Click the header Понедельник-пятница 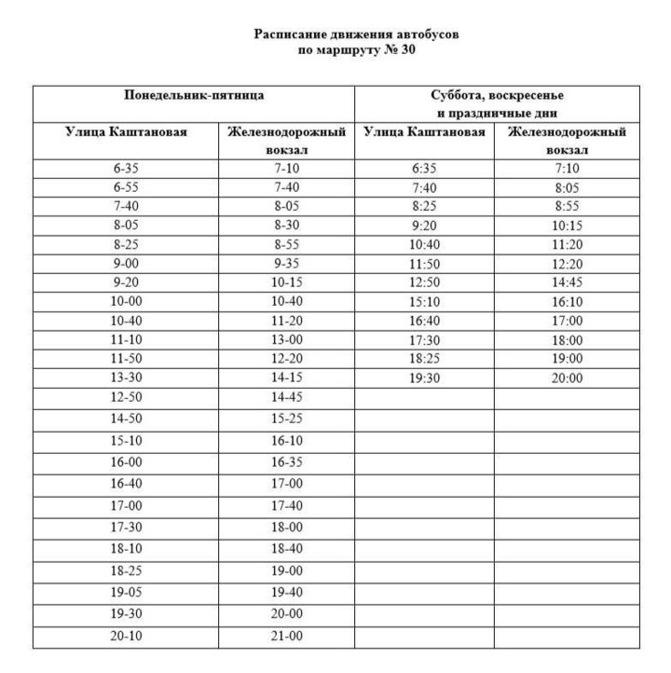pos(195,96)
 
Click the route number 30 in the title pos(404,50)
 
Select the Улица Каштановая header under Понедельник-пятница pos(126,132)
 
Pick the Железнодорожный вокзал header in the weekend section pos(567,141)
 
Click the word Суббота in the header pos(455,96)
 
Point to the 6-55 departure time pos(126,187)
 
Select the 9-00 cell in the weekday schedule pos(126,264)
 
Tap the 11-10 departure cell pos(126,340)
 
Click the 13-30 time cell pos(126,378)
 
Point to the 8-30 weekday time pos(286,226)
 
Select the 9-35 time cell pos(286,264)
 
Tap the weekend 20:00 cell pos(567,378)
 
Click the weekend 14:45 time pos(567,282)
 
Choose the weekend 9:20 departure pos(424,226)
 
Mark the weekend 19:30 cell pos(424,378)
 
